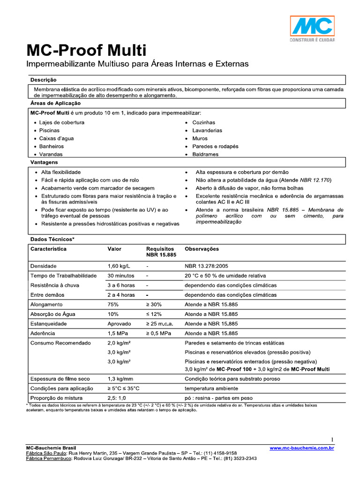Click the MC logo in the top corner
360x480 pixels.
pos(312,29)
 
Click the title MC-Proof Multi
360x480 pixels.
pos(86,50)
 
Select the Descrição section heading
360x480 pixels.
pos(43,80)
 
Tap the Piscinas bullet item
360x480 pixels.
pos(49,130)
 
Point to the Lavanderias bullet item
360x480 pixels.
pos(207,130)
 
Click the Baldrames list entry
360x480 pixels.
pos(205,154)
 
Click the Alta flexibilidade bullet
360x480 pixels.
pos(60,172)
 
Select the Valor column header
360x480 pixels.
pos(114,249)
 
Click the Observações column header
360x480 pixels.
pos(202,249)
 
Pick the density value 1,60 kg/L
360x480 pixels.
pos(118,266)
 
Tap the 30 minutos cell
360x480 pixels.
pos(120,276)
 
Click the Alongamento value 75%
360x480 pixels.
pos(113,304)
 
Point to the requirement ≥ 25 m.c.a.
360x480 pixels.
pos(161,323)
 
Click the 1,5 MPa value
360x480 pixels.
pos(119,333)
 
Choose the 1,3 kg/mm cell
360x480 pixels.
pos(120,379)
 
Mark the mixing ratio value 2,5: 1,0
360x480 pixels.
pos(117,398)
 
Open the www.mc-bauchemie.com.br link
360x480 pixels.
pos(301,448)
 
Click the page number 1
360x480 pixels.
pos(332,440)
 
